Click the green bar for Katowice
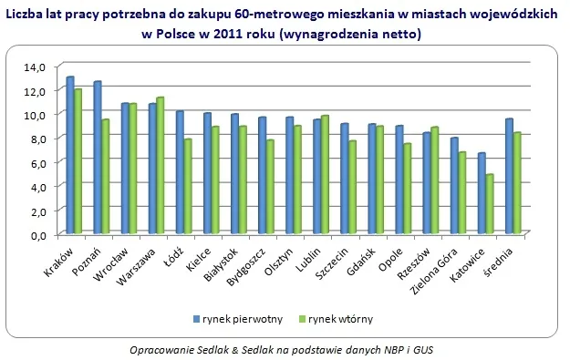(x=489, y=203)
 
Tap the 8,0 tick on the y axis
(x=35, y=139)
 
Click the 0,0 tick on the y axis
(x=35, y=234)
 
